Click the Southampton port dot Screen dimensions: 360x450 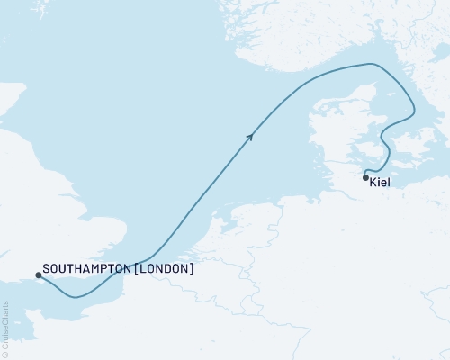click(37, 274)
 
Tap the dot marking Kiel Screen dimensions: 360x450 click(365, 177)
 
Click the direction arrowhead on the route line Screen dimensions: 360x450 click(251, 135)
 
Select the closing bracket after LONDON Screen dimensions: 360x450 click(192, 268)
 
